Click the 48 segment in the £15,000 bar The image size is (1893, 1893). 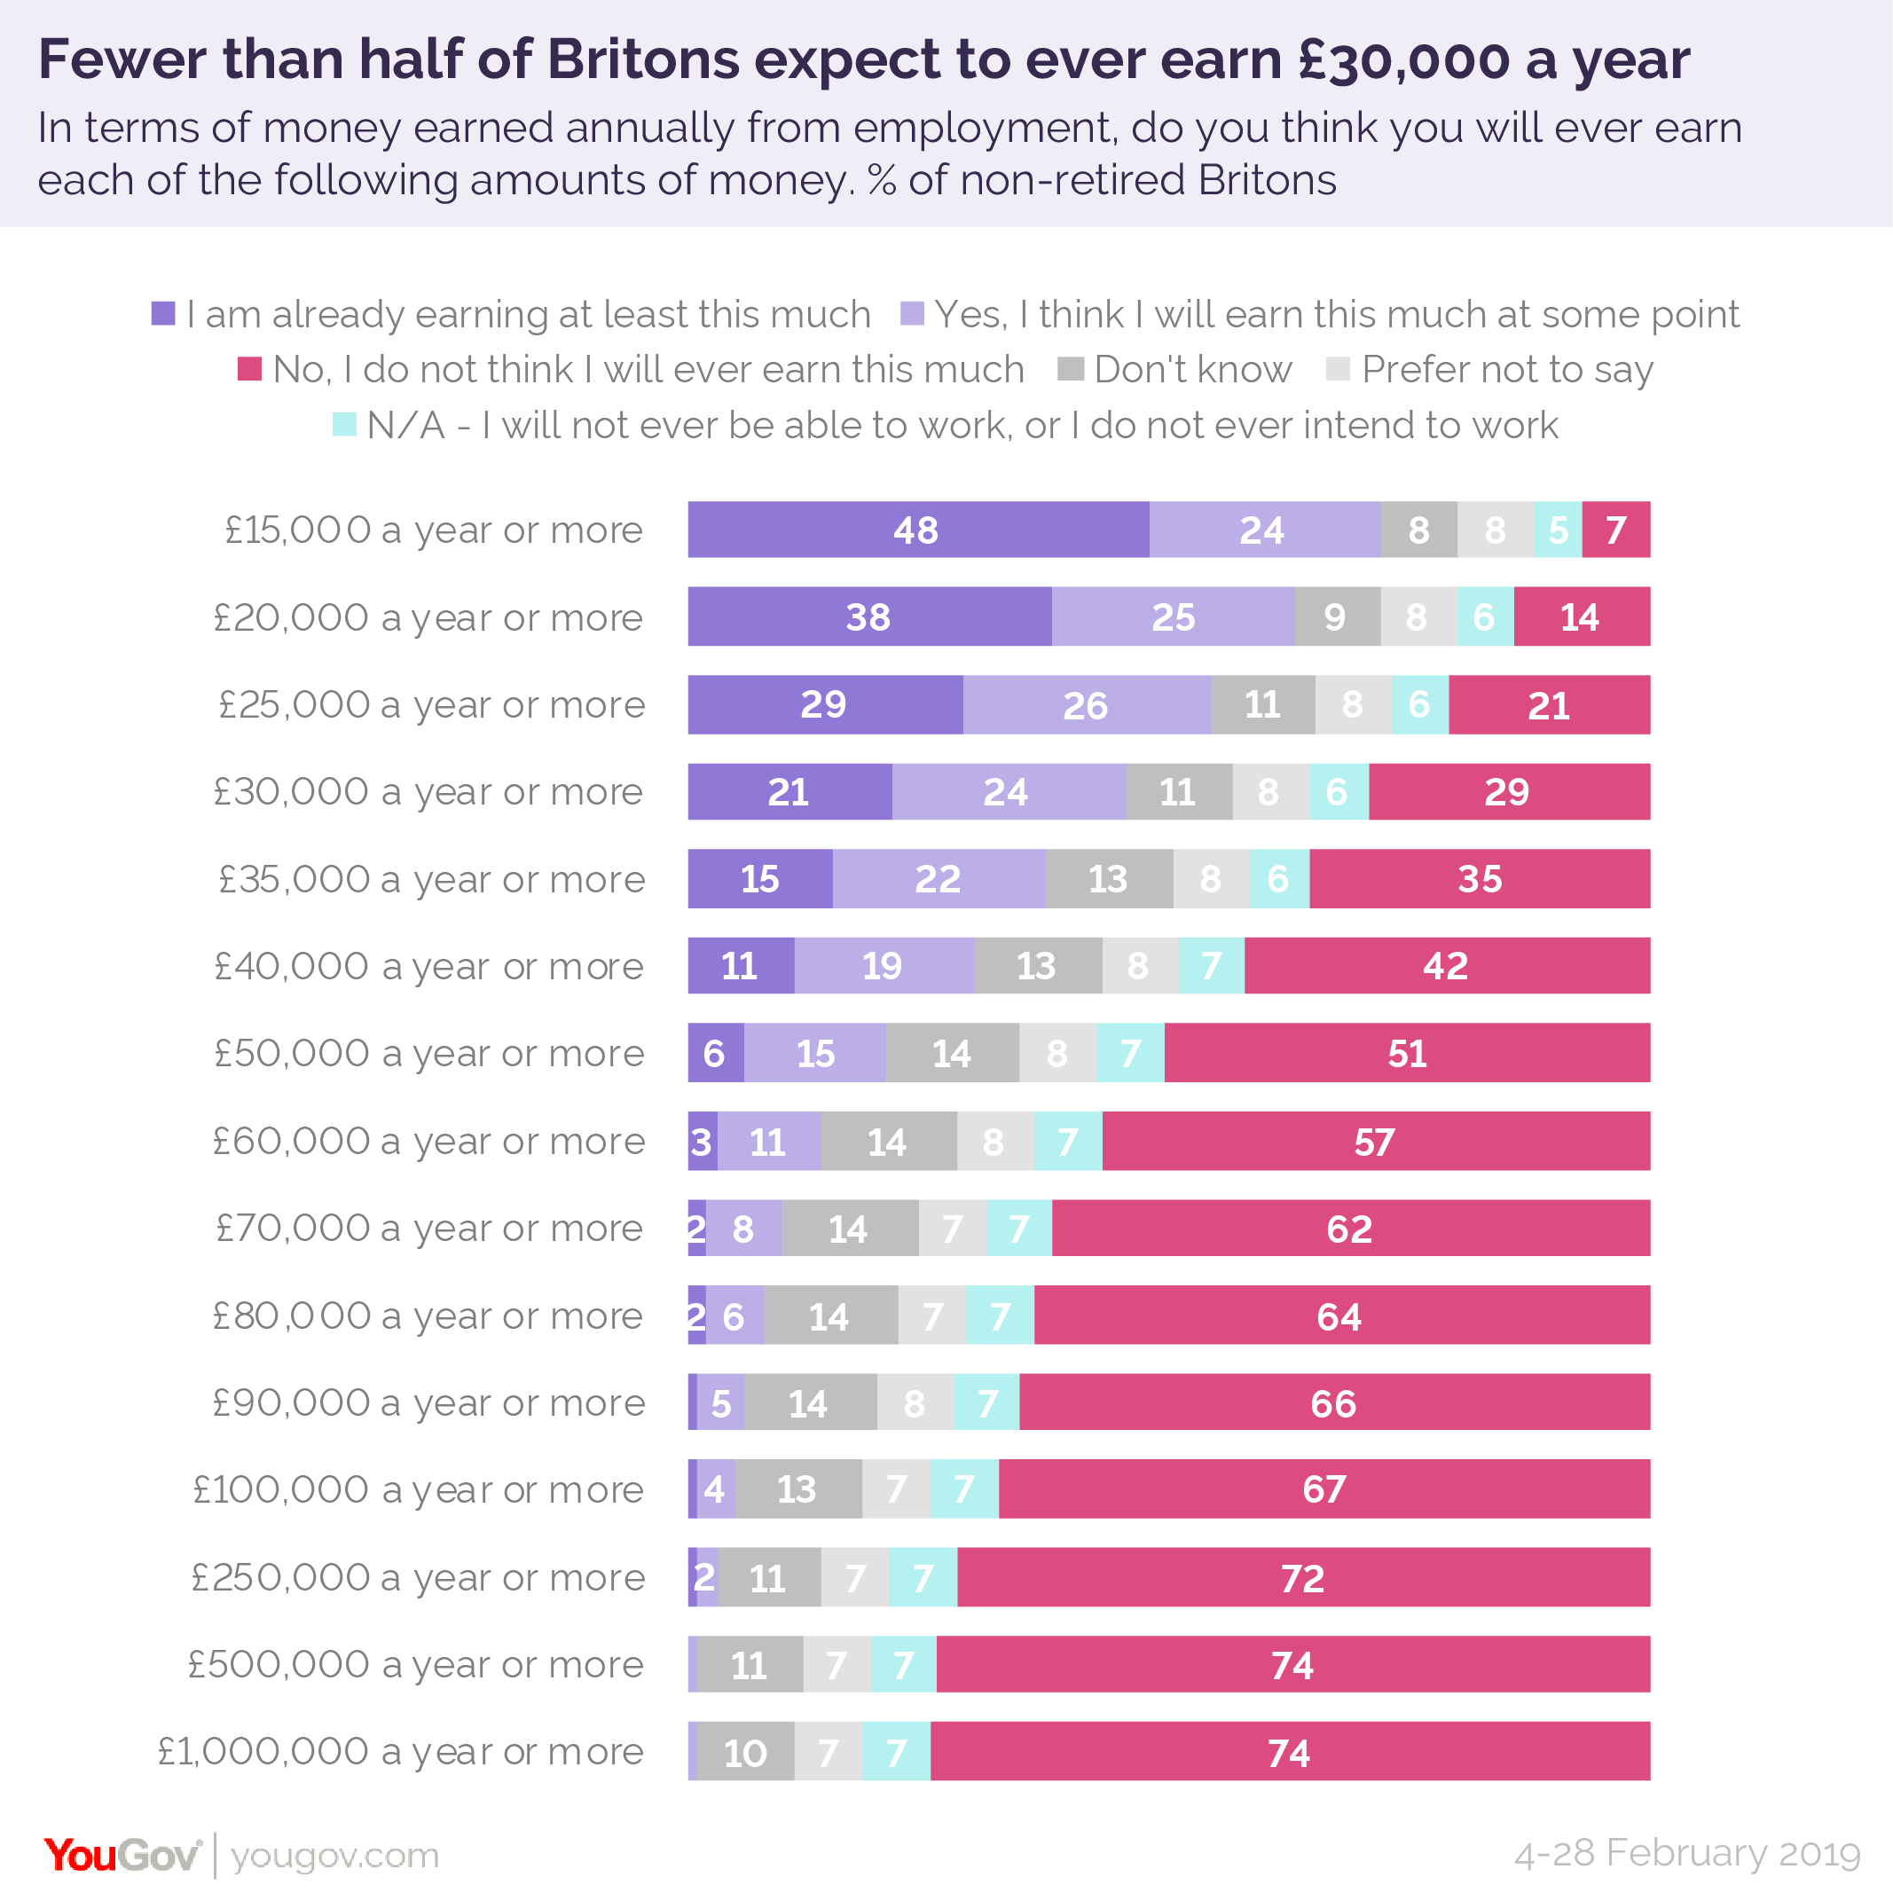tap(917, 530)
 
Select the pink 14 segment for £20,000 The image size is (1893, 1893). tap(1581, 617)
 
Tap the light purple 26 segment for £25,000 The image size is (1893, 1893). tap(1086, 704)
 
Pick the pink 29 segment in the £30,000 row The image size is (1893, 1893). tap(1508, 791)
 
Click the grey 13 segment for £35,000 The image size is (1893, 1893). tap(1108, 879)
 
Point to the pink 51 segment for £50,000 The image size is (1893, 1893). tap(1407, 1053)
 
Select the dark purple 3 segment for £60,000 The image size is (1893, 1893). tap(702, 1142)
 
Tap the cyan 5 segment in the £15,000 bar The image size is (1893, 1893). tap(1557, 530)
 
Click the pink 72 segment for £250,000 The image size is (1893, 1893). tap(1302, 1577)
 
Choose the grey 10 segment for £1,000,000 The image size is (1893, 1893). tap(744, 1752)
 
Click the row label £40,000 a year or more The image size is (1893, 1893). tap(429, 966)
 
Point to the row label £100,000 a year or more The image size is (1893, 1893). tap(419, 1489)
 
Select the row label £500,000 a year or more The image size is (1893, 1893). tap(415, 1664)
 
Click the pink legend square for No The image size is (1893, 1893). tap(250, 369)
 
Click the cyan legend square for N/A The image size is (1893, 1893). tap(345, 424)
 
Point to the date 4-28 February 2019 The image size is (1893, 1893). tap(1686, 1853)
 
